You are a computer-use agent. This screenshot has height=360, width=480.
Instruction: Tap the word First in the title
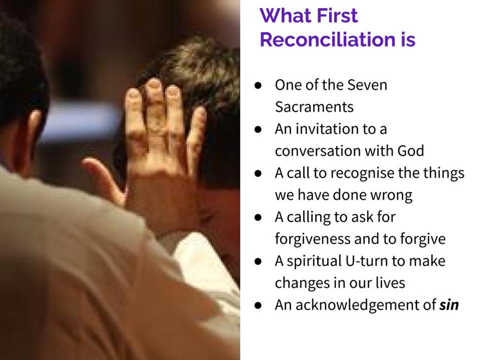coord(337,16)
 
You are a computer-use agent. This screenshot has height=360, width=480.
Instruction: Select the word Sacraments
coord(314,107)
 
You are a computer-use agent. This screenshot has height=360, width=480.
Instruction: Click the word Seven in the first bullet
coord(367,85)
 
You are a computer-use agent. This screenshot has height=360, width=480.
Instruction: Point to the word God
coord(411,151)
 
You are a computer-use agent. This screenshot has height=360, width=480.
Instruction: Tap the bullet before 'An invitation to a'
coord(258,130)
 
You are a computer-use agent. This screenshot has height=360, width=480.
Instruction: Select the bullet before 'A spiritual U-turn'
coord(258,261)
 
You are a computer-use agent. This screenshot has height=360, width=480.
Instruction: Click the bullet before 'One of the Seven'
coord(258,86)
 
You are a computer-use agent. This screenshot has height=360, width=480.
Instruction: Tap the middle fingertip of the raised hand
coord(154,86)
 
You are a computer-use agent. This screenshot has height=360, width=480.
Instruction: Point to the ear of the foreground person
coord(33,136)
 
